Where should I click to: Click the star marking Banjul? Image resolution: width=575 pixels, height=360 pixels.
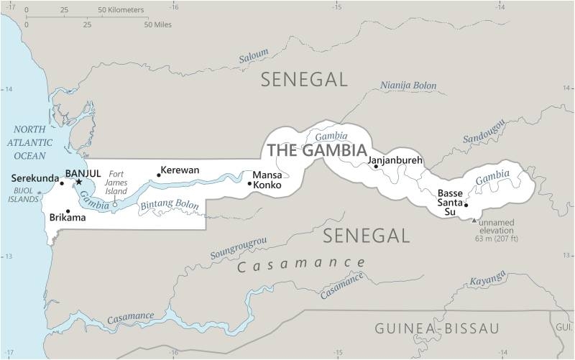pyautogui.click(x=79, y=182)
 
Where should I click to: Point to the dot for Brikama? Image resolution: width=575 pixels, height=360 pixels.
pyautogui.click(x=68, y=211)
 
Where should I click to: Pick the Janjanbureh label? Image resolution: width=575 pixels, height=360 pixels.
pyautogui.click(x=395, y=160)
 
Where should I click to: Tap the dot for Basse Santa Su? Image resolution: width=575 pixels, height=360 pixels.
pyautogui.click(x=466, y=205)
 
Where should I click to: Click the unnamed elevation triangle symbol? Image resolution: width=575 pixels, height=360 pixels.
pyautogui.click(x=473, y=220)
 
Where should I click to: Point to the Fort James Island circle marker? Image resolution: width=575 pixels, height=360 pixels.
pyautogui.click(x=114, y=205)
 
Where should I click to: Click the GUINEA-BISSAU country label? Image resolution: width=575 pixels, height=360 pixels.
pyautogui.click(x=436, y=328)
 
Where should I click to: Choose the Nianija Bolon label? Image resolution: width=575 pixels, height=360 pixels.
pyautogui.click(x=408, y=86)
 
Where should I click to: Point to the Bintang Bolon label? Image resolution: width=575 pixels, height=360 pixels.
pyautogui.click(x=169, y=205)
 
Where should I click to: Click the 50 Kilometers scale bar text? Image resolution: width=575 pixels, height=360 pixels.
pyautogui.click(x=120, y=10)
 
